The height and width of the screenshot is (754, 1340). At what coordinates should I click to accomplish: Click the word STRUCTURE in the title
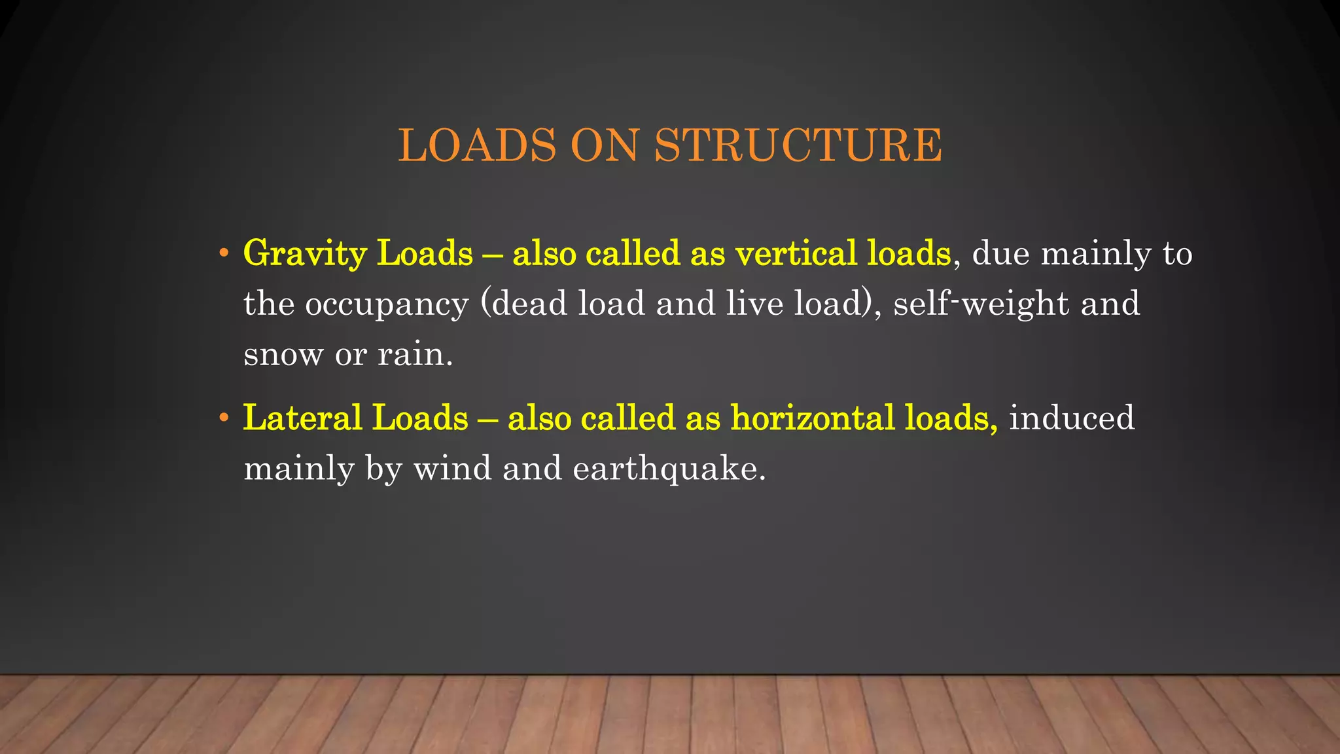click(798, 145)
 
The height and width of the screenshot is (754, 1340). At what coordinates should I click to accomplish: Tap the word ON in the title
click(604, 145)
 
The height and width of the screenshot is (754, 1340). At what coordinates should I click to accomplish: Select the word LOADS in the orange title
click(477, 145)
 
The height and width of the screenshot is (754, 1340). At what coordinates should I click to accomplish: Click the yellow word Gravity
click(304, 254)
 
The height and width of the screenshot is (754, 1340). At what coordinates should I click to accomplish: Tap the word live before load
click(754, 304)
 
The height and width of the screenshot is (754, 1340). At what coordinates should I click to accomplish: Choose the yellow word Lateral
click(302, 418)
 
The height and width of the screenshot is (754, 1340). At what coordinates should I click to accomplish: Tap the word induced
click(1071, 418)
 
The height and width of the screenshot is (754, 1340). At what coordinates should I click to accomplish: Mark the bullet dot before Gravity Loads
click(224, 253)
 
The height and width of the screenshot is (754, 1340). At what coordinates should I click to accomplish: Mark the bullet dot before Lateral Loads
click(224, 417)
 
